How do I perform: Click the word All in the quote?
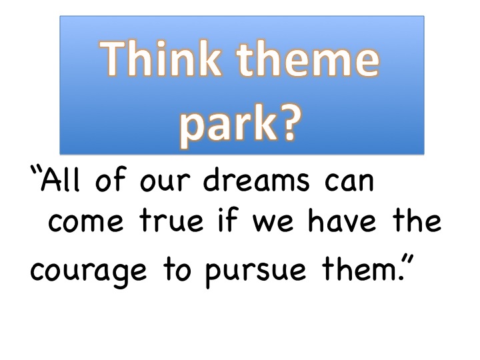pos(60,179)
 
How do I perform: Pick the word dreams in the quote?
pos(257,179)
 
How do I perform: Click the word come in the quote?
pos(86,221)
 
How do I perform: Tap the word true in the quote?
pos(171,219)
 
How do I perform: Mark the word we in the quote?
pos(273,221)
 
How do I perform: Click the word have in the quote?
pos(341,219)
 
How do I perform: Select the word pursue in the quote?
pos(255,271)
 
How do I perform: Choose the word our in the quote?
pos(165,181)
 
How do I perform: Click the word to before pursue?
pos(177,269)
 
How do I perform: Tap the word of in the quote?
pos(110,179)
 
